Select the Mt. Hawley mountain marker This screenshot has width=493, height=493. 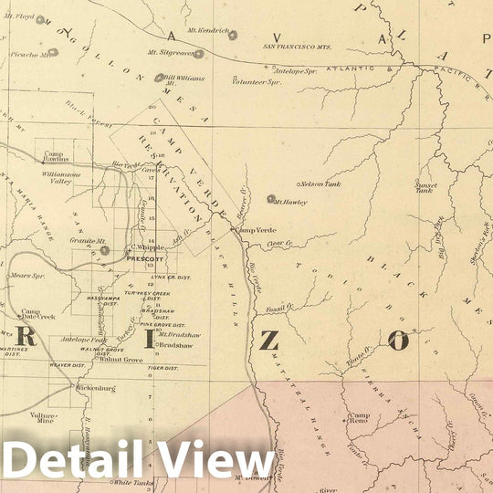(x=271, y=198)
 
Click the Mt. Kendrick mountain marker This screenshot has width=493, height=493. (x=233, y=36)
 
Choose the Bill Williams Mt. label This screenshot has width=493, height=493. (x=184, y=79)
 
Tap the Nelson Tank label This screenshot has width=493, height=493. (x=320, y=184)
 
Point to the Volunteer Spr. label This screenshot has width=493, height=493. (x=255, y=81)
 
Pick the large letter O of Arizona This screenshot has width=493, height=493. (x=398, y=341)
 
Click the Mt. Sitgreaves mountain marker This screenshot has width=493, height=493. (x=198, y=54)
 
